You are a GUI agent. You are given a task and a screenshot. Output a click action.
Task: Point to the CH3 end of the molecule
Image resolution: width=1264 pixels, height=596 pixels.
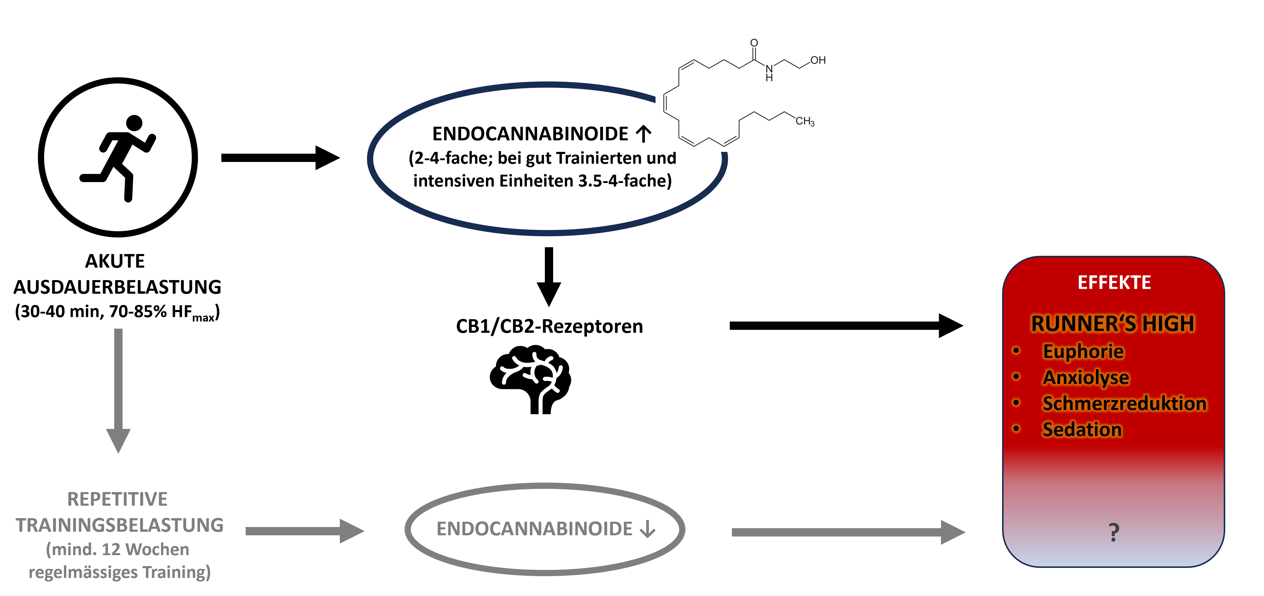[805, 121]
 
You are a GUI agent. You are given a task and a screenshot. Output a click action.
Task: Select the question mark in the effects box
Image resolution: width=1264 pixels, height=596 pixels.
[1114, 532]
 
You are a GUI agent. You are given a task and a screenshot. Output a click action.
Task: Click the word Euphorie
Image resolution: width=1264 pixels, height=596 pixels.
[1083, 351]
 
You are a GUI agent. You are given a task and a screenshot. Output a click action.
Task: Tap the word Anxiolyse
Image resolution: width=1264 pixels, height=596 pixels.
[1085, 377]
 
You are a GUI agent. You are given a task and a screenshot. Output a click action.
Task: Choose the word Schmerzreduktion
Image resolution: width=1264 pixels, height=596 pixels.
[1124, 404]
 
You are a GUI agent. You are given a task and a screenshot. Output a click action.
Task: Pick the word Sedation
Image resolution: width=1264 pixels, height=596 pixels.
[1082, 430]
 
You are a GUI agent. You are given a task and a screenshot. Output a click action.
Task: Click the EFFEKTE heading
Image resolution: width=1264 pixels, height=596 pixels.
[1114, 283]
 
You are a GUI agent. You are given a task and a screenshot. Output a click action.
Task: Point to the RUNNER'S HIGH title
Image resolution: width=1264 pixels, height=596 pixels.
[1112, 324]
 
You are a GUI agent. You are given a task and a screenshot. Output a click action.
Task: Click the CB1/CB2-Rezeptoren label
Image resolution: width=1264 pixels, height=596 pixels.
[549, 327]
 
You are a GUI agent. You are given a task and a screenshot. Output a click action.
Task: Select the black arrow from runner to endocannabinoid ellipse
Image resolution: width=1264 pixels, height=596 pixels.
[280, 158]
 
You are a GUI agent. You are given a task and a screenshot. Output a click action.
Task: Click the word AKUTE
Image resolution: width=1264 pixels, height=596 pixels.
[115, 261]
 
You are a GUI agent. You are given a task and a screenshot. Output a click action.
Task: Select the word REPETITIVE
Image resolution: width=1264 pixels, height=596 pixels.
[117, 499]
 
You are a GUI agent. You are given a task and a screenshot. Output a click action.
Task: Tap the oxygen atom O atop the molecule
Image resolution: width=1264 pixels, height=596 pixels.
[754, 43]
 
